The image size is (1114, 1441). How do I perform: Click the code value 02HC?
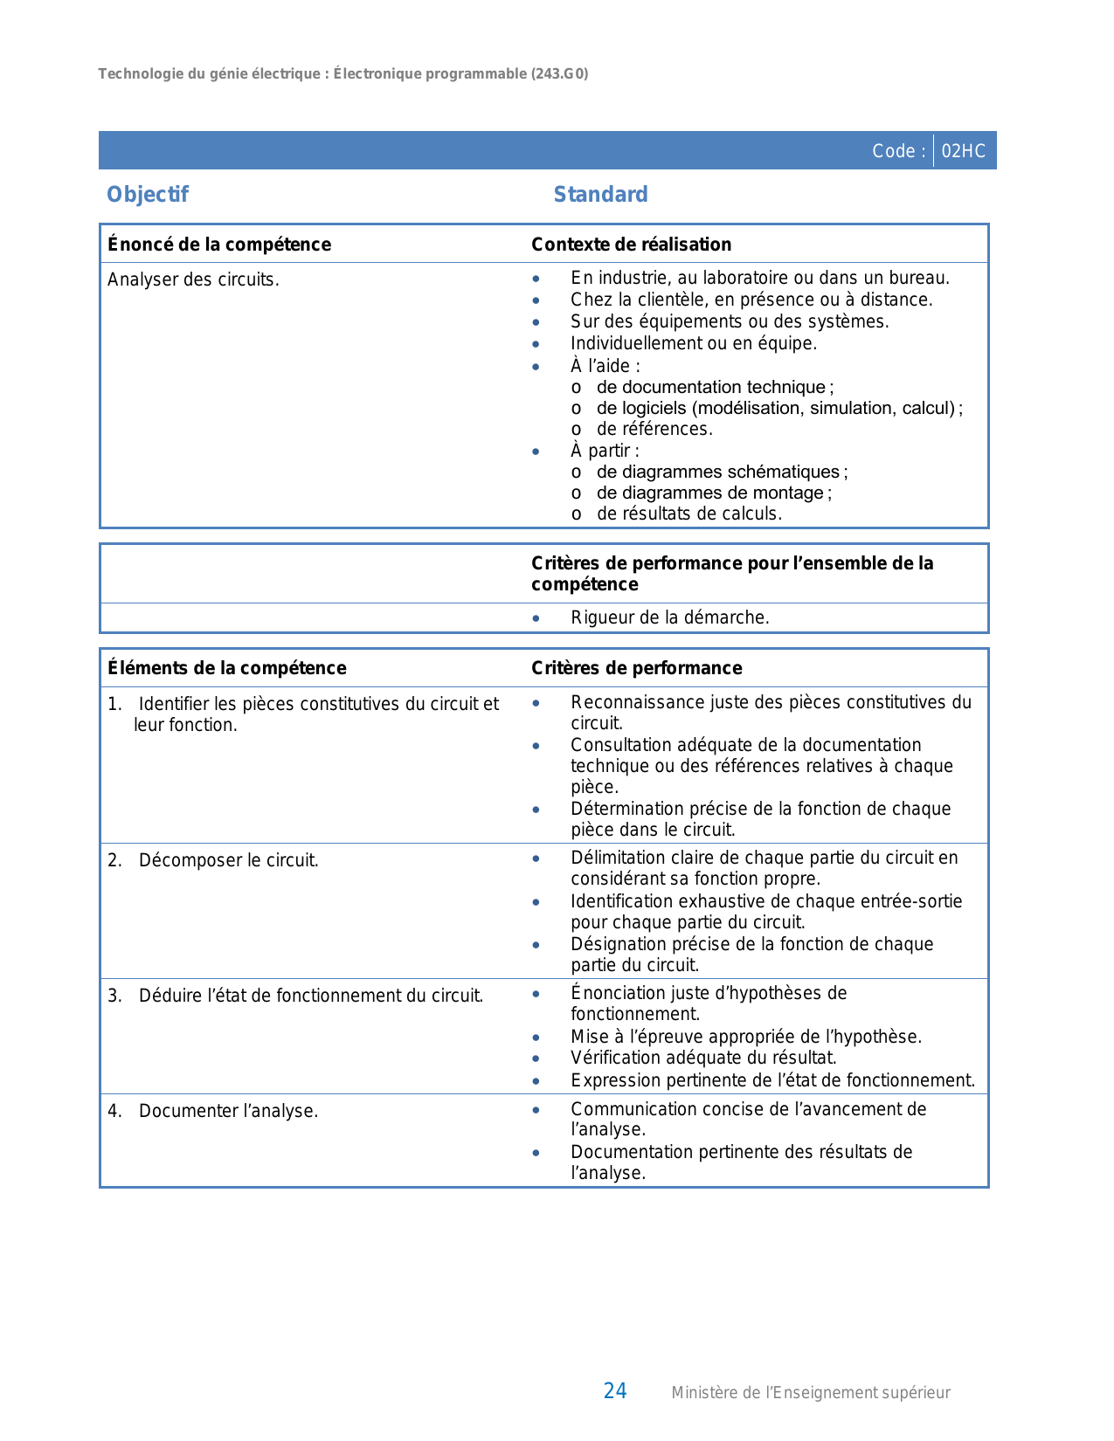click(x=963, y=151)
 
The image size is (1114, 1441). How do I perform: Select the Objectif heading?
click(x=148, y=194)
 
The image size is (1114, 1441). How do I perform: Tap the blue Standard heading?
click(x=600, y=194)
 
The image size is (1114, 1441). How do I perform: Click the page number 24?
click(x=615, y=1391)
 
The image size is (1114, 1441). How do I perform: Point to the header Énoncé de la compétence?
click(x=219, y=245)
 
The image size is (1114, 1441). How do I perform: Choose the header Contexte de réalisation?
click(x=631, y=245)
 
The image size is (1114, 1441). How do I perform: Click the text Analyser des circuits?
click(x=193, y=279)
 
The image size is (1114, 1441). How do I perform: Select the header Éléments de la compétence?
click(x=227, y=668)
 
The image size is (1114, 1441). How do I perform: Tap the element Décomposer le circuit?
click(x=228, y=860)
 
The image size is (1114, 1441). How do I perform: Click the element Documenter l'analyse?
click(x=228, y=1111)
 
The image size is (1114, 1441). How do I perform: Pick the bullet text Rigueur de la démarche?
click(x=669, y=617)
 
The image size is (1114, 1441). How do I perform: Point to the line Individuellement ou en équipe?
click(x=694, y=343)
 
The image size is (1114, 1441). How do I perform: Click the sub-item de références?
click(x=654, y=429)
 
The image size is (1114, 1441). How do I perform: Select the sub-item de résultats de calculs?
click(x=688, y=514)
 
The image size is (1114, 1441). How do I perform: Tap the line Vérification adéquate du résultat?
click(x=703, y=1058)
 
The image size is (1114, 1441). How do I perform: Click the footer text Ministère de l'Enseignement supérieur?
click(x=810, y=1393)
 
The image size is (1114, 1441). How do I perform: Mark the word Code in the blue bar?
click(x=893, y=151)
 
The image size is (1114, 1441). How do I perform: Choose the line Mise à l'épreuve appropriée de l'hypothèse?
click(x=745, y=1037)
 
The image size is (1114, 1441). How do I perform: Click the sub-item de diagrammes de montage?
click(x=713, y=493)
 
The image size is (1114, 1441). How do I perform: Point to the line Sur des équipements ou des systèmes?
click(x=730, y=321)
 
